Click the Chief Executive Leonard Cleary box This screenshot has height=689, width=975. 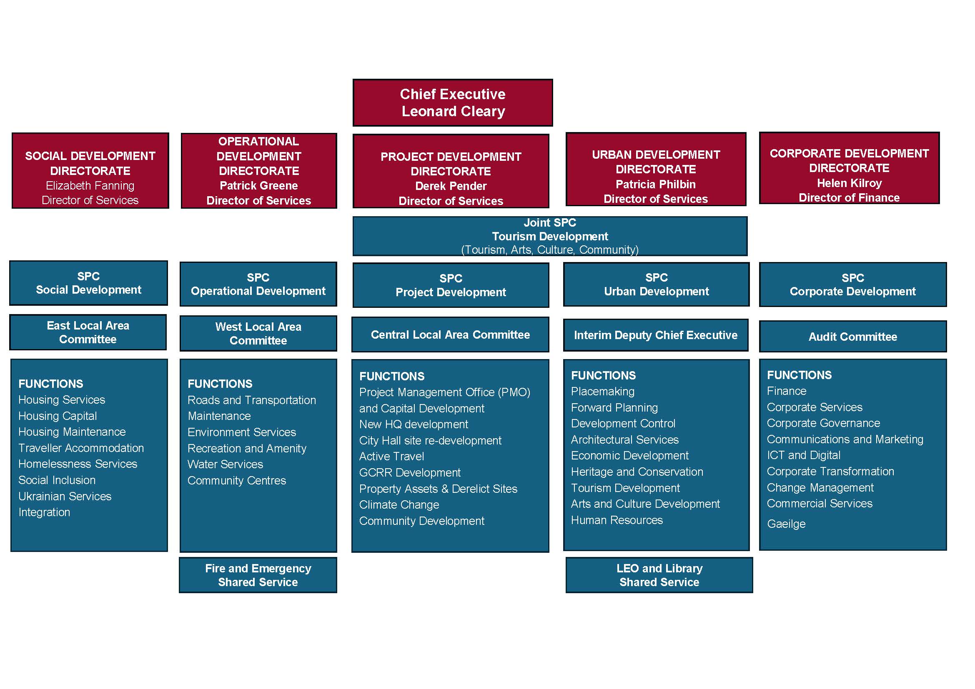pos(453,102)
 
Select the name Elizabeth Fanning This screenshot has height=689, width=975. pos(90,185)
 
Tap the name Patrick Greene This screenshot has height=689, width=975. pos(258,185)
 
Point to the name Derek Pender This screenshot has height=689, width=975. pos(451,186)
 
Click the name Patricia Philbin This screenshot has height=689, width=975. pos(656,184)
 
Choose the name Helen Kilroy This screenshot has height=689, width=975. pos(849,183)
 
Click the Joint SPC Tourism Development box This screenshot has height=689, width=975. pos(550,236)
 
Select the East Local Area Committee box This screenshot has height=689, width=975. pos(88,332)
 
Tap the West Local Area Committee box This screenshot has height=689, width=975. pos(258,334)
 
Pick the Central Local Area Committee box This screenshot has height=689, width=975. pos(450,335)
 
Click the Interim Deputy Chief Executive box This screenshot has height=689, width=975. pos(656,335)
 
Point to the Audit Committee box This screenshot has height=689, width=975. pos(853,337)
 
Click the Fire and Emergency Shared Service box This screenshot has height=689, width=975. pos(258,575)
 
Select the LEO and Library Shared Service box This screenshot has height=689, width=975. pos(659,575)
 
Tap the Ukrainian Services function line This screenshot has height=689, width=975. pos(65,497)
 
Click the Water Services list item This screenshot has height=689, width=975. pos(226,464)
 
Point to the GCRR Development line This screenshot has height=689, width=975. pos(410,473)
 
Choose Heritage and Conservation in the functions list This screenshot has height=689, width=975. pos(637,472)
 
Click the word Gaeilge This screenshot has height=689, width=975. pos(786,524)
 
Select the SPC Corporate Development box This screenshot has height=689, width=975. pos(853,285)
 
